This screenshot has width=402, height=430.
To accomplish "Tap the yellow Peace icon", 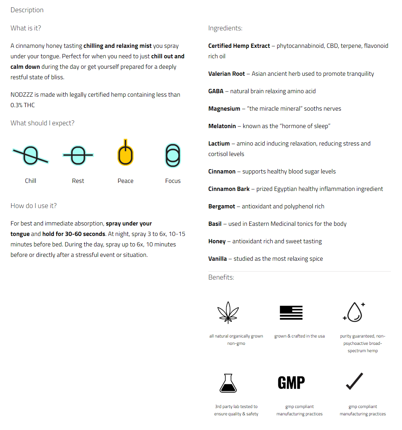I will [x=125, y=154].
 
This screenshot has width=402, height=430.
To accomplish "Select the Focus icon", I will [x=173, y=155].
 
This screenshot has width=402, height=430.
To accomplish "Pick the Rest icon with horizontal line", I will [x=78, y=155].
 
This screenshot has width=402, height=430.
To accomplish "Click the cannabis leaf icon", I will [x=228, y=312].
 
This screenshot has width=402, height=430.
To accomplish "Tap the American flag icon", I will [x=291, y=312].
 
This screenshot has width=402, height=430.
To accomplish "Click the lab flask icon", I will [x=228, y=383].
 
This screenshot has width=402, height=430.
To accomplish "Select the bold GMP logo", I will [x=291, y=383].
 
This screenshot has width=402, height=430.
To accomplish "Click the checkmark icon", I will [x=354, y=381].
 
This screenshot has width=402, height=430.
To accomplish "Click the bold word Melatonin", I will [x=222, y=126].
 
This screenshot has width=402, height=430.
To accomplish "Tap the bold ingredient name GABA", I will [x=216, y=91].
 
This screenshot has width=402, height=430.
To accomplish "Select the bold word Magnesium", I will [x=224, y=109].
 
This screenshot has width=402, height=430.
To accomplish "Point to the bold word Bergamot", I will [x=222, y=206].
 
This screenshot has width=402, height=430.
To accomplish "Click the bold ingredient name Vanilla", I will [x=217, y=259].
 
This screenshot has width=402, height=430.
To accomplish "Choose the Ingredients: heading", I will [x=225, y=28].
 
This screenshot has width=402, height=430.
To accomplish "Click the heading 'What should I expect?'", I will [x=42, y=123].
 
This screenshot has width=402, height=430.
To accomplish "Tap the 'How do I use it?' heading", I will [x=34, y=206].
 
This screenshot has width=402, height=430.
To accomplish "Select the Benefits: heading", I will [x=221, y=277].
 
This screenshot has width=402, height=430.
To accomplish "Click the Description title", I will [x=27, y=10].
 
